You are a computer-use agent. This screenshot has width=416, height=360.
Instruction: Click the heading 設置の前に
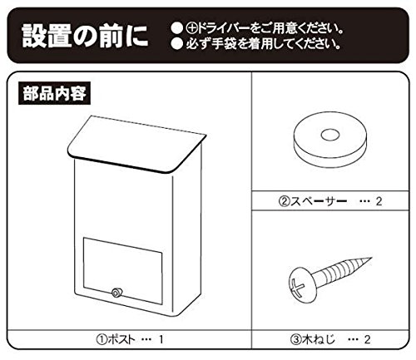85,36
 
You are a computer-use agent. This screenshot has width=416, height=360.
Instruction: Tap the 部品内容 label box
54,93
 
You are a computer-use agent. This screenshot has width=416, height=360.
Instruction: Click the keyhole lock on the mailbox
116,293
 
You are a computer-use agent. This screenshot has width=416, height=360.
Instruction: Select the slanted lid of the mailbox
136,144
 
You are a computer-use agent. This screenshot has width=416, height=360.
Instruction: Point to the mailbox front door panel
122,271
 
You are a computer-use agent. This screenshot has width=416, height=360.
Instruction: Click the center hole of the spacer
330,135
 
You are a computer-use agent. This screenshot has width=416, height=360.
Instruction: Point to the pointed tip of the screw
371,259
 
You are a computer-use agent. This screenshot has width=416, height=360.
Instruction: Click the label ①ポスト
116,339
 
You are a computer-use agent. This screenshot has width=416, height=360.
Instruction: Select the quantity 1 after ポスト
161,339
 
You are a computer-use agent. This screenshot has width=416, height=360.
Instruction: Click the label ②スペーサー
312,201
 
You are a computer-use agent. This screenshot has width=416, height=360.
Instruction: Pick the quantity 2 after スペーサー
379,201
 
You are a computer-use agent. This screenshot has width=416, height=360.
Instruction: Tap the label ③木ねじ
313,339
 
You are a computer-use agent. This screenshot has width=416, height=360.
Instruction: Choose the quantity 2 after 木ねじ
367,339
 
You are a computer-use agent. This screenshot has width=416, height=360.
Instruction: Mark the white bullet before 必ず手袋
176,43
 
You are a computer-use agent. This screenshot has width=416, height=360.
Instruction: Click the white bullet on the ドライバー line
176,28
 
